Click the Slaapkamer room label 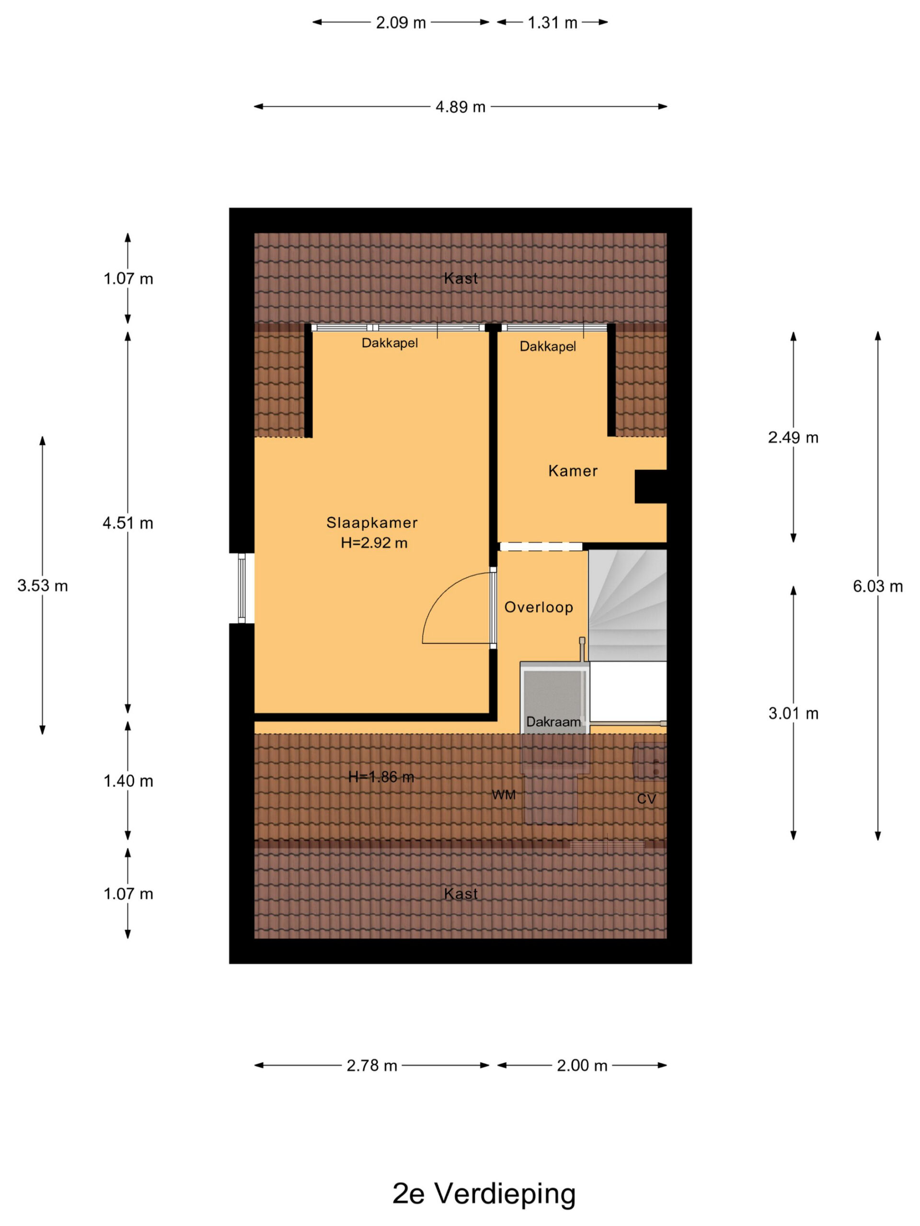(x=371, y=522)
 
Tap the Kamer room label (x=573, y=471)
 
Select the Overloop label (x=539, y=607)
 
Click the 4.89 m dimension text (x=460, y=106)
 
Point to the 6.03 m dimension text (x=877, y=586)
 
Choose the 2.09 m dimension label (x=401, y=23)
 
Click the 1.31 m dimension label (x=552, y=23)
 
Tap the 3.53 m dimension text (x=43, y=585)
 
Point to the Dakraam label (x=553, y=722)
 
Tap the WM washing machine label (x=504, y=795)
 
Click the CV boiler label (x=646, y=799)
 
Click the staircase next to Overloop (x=627, y=605)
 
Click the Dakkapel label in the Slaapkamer (x=390, y=343)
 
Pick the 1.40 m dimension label (x=128, y=781)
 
